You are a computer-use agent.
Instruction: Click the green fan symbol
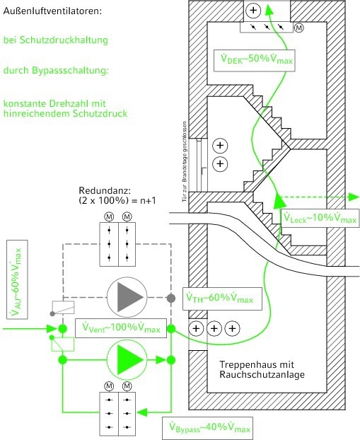pyautogui.click(x=127, y=360)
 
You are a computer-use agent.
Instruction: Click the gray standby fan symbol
pyautogui.click(x=127, y=297)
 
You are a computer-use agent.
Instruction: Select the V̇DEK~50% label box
pyautogui.click(x=254, y=60)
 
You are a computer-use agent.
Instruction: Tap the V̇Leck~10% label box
pyautogui.click(x=320, y=218)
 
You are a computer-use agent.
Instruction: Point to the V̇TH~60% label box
pyautogui.click(x=222, y=299)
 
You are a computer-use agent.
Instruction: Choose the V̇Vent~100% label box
pyautogui.click(x=121, y=328)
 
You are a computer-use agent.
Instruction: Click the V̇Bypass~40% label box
pyautogui.click(x=208, y=428)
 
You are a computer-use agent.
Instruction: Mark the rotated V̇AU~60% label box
pyautogui.click(x=17, y=279)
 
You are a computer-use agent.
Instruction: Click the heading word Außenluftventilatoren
pyautogui.click(x=52, y=11)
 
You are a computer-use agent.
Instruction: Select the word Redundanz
pyautogui.click(x=105, y=191)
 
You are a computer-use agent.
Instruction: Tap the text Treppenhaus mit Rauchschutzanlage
pyautogui.click(x=262, y=369)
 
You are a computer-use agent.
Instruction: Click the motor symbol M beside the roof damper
pyautogui.click(x=299, y=28)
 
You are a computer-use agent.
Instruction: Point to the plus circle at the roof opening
pyautogui.click(x=253, y=11)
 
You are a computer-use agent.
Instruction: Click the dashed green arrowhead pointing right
pyautogui.click(x=354, y=197)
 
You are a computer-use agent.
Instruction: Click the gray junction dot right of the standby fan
pyautogui.click(x=171, y=298)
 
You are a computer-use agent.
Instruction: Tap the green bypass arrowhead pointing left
pyautogui.click(x=142, y=412)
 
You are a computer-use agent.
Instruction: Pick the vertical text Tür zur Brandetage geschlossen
pyautogui.click(x=185, y=161)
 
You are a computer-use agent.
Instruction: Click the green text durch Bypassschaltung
pyautogui.click(x=56, y=71)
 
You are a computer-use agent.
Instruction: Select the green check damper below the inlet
pyautogui.click(x=62, y=345)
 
